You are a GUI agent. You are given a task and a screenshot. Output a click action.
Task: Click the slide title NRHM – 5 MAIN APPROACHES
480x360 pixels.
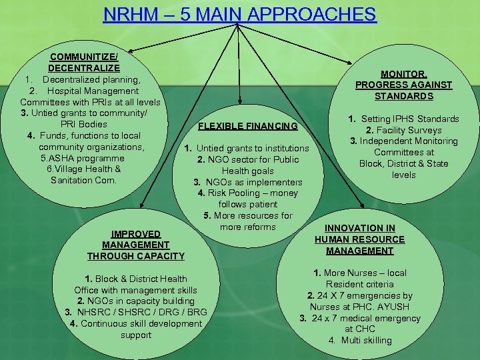(239, 14)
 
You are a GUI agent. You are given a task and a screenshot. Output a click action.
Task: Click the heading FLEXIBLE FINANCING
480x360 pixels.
(247, 126)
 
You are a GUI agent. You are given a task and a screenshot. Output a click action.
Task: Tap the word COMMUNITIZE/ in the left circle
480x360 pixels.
(84, 57)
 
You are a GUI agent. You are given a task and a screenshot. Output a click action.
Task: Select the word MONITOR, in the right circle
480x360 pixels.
(403, 73)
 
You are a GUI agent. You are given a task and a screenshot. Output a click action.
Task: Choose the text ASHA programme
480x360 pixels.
(87, 158)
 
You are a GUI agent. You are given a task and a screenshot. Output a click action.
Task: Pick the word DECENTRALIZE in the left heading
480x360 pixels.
(84, 68)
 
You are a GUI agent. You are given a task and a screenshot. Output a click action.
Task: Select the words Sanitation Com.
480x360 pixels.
(84, 181)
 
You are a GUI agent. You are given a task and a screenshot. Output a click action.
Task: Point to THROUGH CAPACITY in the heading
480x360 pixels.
(136, 256)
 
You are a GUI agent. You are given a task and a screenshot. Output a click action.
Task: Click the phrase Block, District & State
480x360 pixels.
(404, 163)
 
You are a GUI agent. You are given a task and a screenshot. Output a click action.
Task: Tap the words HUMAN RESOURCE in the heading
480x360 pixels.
(360, 239)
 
